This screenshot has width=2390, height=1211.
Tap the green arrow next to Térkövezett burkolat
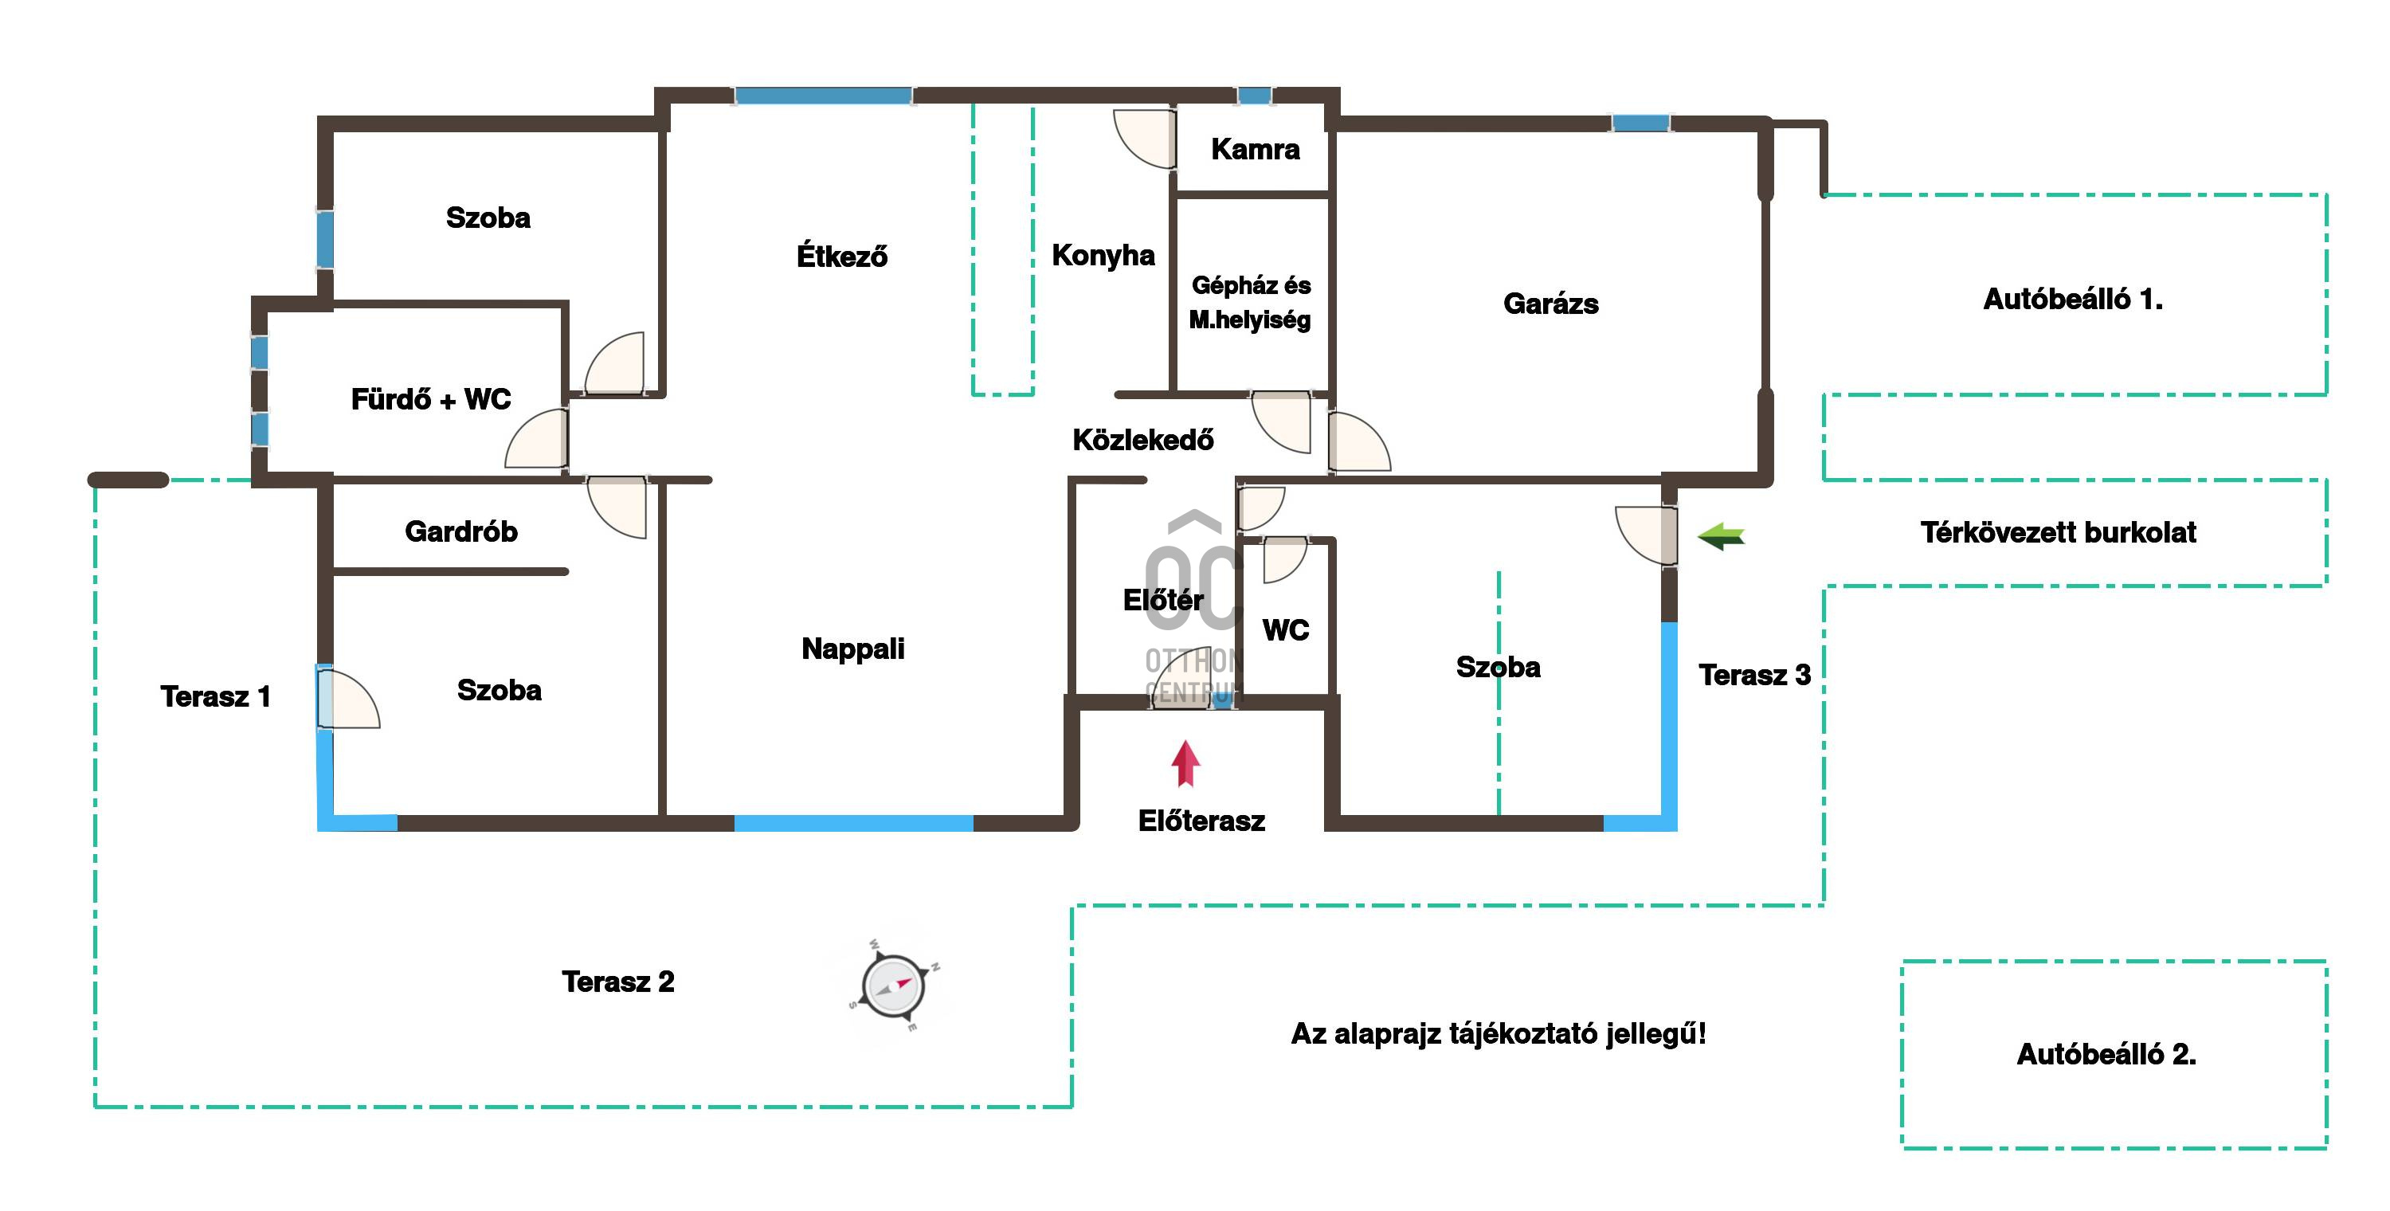[1721, 535]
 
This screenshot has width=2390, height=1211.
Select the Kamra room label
[1256, 150]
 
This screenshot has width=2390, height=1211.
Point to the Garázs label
[1550, 304]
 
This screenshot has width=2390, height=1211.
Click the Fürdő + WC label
[430, 399]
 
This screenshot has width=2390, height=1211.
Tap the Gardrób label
[461, 531]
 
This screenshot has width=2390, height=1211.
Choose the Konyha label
[1103, 255]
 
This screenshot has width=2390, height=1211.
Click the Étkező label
[841, 255]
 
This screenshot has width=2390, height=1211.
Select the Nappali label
[852, 649]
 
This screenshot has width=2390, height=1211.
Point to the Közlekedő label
[1143, 439]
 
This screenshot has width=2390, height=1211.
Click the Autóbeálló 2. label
[2106, 1054]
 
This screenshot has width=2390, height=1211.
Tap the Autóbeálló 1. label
[2073, 299]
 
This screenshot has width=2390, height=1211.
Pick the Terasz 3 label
[1754, 675]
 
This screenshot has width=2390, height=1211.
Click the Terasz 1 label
[215, 696]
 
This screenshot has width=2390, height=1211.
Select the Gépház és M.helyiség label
[1251, 303]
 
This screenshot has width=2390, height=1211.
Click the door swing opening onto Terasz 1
[348, 698]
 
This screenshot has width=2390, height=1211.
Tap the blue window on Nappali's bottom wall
[853, 823]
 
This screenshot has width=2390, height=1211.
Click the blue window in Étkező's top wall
[823, 96]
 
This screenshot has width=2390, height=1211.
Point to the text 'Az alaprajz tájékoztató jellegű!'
[1499, 1034]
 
